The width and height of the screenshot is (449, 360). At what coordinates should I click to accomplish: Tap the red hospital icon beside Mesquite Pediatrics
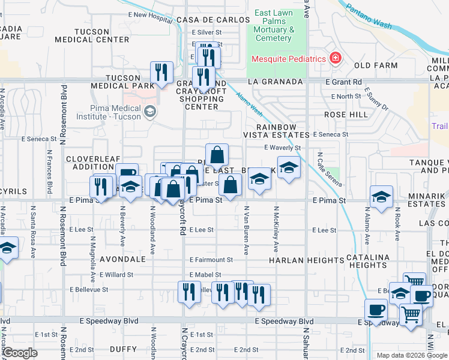click(335, 58)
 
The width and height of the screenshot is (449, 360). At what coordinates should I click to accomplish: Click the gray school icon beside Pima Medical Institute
click(149, 111)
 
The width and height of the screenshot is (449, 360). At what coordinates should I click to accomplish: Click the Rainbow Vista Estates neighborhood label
click(277, 131)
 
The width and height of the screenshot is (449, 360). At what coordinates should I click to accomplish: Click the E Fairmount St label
click(211, 260)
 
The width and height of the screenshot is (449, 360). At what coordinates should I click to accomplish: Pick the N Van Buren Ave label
click(246, 230)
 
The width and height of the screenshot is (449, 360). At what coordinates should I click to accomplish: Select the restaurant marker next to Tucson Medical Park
click(161, 73)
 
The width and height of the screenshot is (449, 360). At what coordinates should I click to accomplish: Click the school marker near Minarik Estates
click(381, 197)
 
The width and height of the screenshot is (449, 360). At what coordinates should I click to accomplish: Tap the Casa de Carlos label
click(209, 20)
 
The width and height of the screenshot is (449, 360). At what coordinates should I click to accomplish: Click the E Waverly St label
click(282, 148)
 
